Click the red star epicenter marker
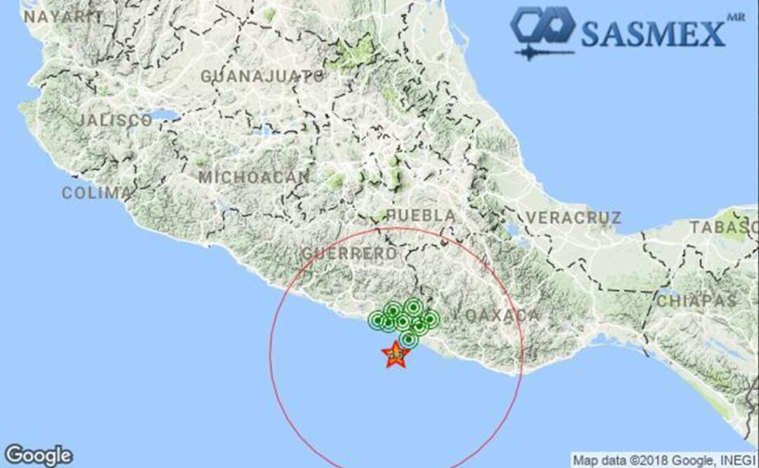click(x=395, y=355)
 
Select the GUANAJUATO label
click(x=263, y=76)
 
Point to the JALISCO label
click(x=114, y=120)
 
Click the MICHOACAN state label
click(x=253, y=177)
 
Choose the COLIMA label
click(x=96, y=193)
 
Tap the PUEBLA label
click(x=421, y=215)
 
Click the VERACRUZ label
click(x=574, y=218)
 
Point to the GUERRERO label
click(x=349, y=253)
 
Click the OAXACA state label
click(x=502, y=316)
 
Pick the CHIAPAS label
click(x=697, y=301)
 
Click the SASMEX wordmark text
click(x=653, y=34)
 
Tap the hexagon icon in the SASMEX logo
click(x=542, y=27)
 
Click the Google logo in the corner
click(x=38, y=455)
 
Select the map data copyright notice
click(x=665, y=460)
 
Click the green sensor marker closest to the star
click(x=409, y=340)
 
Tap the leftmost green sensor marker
click(x=376, y=320)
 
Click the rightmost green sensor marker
click(x=430, y=319)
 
